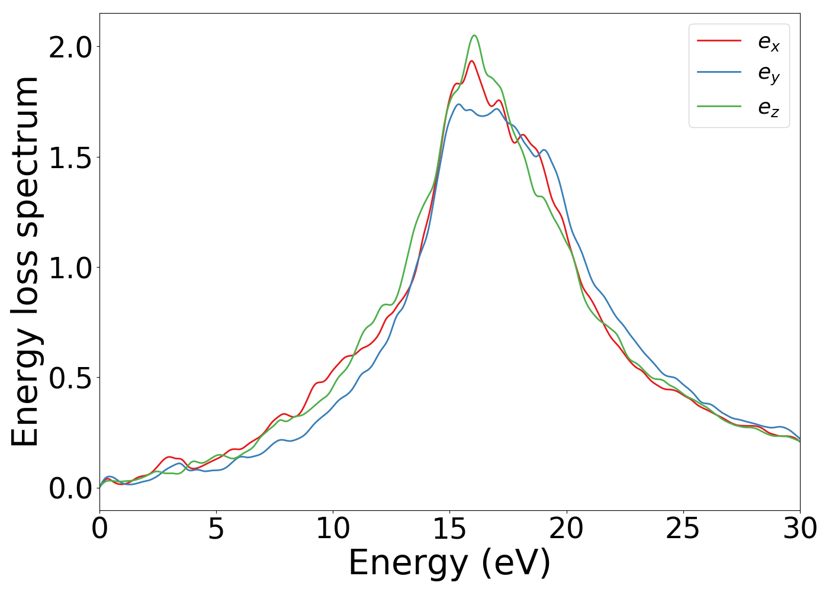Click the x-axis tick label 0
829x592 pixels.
point(99,529)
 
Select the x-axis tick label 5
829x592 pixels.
point(216,529)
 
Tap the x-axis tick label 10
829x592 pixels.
point(333,529)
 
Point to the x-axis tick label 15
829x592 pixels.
point(449,529)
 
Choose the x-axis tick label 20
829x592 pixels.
point(567,529)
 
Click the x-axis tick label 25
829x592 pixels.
point(683,529)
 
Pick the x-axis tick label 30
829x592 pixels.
point(800,529)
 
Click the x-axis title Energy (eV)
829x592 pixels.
point(449,564)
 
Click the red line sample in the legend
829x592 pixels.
point(719,40)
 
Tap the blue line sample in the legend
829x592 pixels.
point(719,72)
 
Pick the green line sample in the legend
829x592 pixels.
point(719,107)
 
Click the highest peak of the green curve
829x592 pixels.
point(474,36)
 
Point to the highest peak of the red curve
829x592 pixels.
point(471,61)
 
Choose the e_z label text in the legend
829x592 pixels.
point(769,108)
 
